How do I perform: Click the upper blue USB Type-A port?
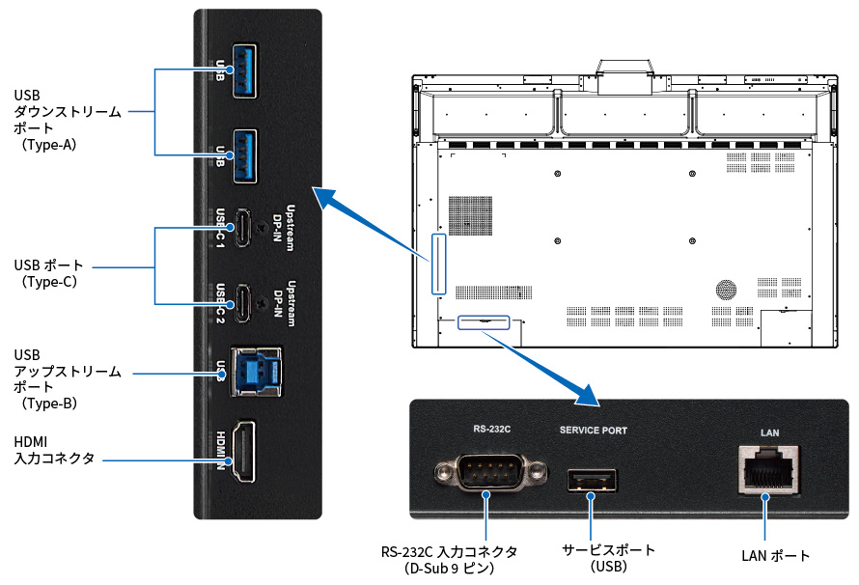click(x=243, y=64)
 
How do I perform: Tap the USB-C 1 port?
click(x=245, y=228)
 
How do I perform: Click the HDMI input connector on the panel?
click(x=245, y=454)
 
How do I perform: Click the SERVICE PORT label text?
click(x=594, y=430)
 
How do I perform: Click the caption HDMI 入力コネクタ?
click(x=54, y=450)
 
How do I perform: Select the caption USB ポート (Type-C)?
click(x=49, y=273)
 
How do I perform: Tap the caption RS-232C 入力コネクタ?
click(x=450, y=559)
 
